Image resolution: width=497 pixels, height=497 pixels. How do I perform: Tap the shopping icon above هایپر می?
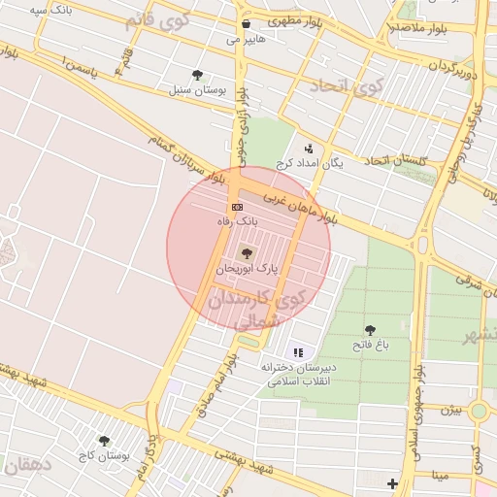(246, 24)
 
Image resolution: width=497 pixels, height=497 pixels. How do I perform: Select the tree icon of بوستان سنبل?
(198, 74)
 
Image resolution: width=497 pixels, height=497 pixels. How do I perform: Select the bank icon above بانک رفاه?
(237, 208)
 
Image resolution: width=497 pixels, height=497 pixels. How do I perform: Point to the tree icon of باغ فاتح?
(370, 330)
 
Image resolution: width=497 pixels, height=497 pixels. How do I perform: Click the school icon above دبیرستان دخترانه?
(297, 351)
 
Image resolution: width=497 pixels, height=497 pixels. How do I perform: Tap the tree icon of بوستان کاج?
(104, 441)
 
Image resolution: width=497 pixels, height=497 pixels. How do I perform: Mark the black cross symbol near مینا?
(392, 482)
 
